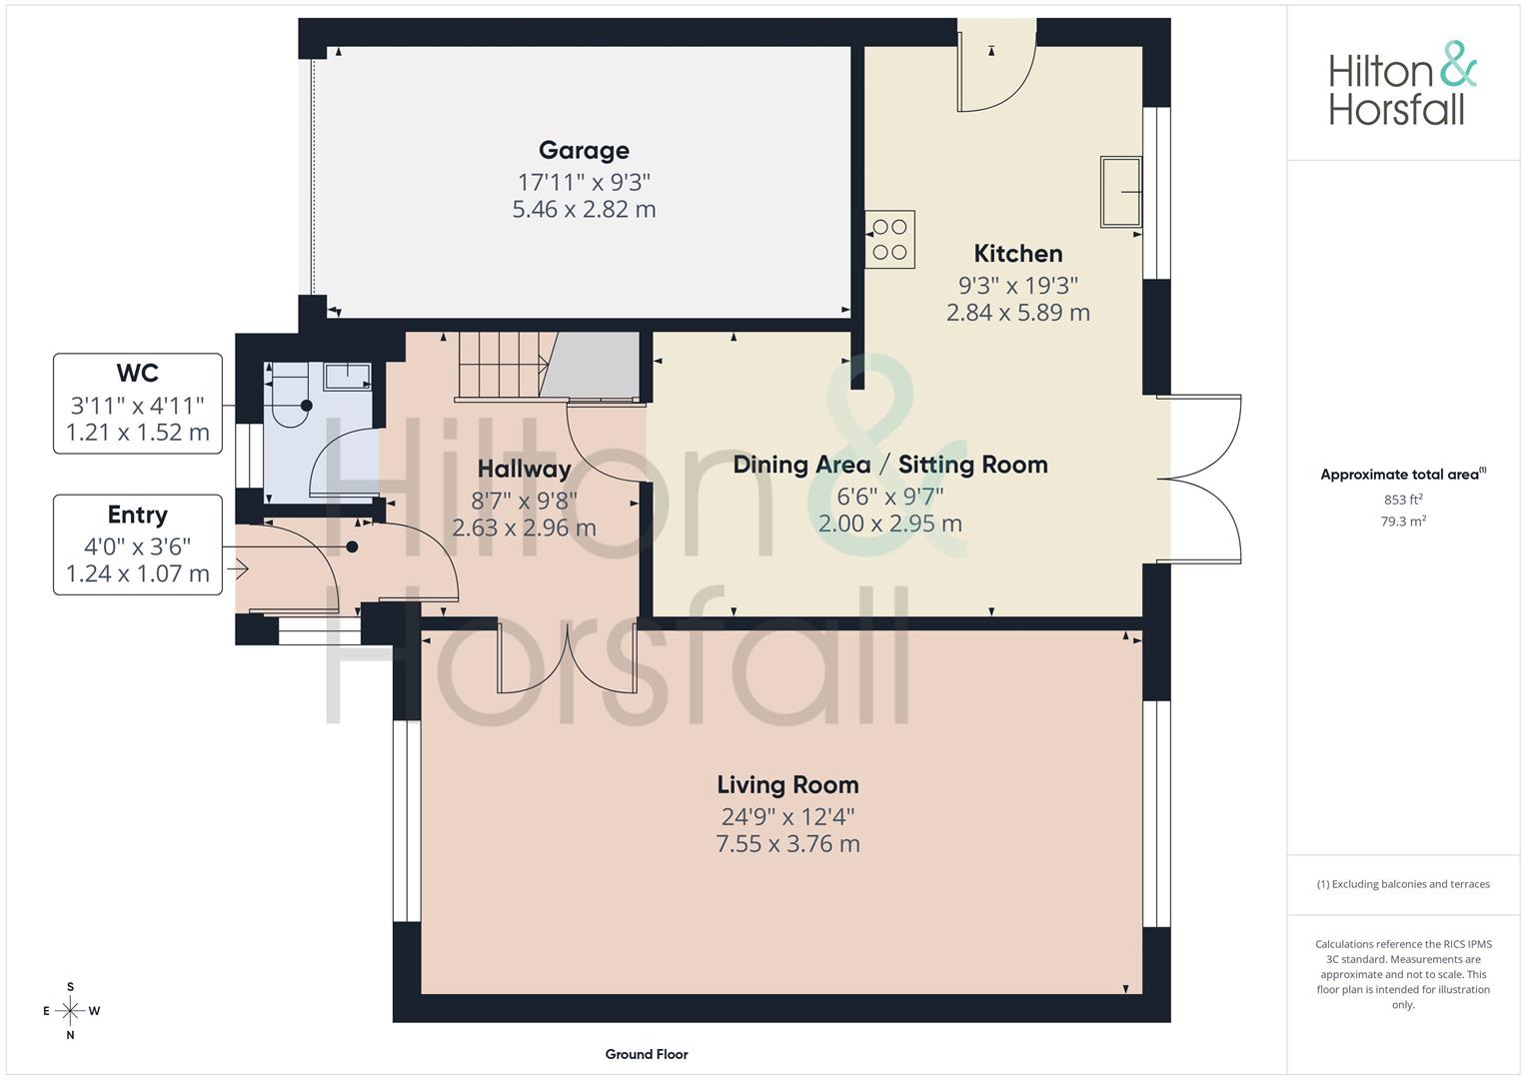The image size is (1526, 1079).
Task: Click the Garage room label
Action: pos(584,151)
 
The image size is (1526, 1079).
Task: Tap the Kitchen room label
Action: pos(1017,254)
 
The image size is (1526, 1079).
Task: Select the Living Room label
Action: pos(787,784)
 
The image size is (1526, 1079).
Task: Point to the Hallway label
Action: pos(524,469)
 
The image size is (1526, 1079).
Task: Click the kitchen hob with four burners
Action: pos(889,239)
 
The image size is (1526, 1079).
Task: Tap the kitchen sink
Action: pos(1120,192)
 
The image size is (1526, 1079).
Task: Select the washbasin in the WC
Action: pos(348,376)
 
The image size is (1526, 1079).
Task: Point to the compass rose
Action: pos(71,1011)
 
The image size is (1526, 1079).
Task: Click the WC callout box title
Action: pos(138,374)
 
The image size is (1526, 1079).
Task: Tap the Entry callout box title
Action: pos(138,515)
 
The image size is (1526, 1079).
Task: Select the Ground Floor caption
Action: pos(647,1054)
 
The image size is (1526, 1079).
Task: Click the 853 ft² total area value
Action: pos(1403,500)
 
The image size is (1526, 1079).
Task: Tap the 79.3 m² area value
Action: pos(1403,522)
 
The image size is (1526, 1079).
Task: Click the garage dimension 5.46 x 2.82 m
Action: pos(584,209)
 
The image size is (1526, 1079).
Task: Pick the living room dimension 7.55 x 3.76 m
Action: pos(787,844)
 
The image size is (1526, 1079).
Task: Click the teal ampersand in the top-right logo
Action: pos(1457,64)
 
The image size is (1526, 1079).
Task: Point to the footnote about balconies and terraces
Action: pos(1403,884)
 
